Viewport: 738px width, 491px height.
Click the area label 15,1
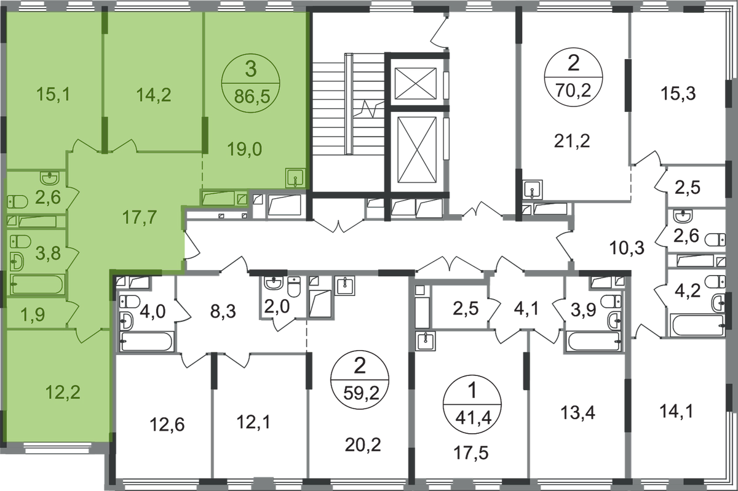tap(54, 94)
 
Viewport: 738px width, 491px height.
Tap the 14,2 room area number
tap(154, 95)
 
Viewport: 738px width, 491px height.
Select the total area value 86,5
tap(252, 97)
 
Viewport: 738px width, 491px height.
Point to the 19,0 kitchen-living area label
tap(245, 150)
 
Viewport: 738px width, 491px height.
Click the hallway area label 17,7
tap(140, 217)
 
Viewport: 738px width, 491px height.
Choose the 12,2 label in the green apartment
tap(63, 393)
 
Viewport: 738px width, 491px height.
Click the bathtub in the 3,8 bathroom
tap(38, 284)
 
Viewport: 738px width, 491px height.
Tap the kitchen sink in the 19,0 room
tap(295, 178)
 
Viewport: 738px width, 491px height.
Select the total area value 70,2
tap(573, 90)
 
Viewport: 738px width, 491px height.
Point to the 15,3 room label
tap(678, 94)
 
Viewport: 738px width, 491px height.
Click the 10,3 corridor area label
tap(627, 247)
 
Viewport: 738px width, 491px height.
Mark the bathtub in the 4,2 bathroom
tap(697, 325)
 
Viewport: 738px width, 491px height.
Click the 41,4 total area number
tap(474, 418)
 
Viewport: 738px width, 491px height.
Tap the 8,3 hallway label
tap(223, 311)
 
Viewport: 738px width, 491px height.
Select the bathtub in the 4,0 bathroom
tap(146, 341)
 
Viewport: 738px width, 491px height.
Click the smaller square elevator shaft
tap(416, 83)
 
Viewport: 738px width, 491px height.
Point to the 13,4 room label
tap(578, 413)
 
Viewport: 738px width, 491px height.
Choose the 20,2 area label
tap(363, 445)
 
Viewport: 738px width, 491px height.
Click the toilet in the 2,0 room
tap(294, 287)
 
